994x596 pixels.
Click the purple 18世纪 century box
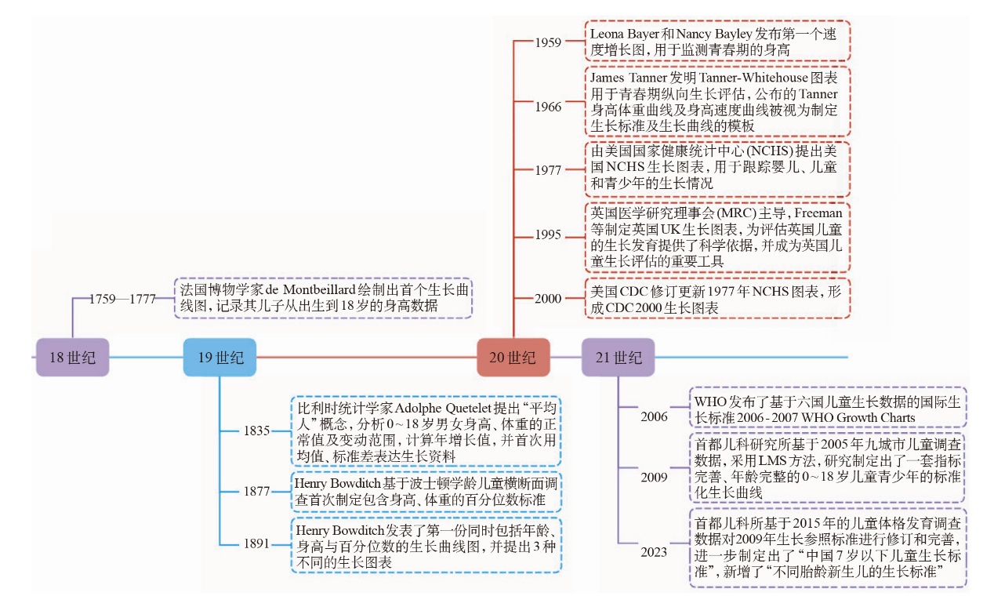point(72,358)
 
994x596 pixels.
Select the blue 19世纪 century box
point(219,358)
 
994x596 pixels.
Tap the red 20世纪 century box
point(513,358)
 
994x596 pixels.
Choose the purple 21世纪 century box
point(618,358)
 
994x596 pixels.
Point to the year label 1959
point(548,42)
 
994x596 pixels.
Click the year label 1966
point(548,106)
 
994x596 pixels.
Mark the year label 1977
point(548,170)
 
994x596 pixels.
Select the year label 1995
point(548,234)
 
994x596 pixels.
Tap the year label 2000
point(548,299)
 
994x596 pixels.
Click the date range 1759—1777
point(122,299)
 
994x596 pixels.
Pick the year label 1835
point(256,431)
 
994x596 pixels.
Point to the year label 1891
point(256,543)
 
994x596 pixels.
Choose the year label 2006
point(653,416)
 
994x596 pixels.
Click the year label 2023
point(653,552)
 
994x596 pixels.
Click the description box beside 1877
point(426,491)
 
